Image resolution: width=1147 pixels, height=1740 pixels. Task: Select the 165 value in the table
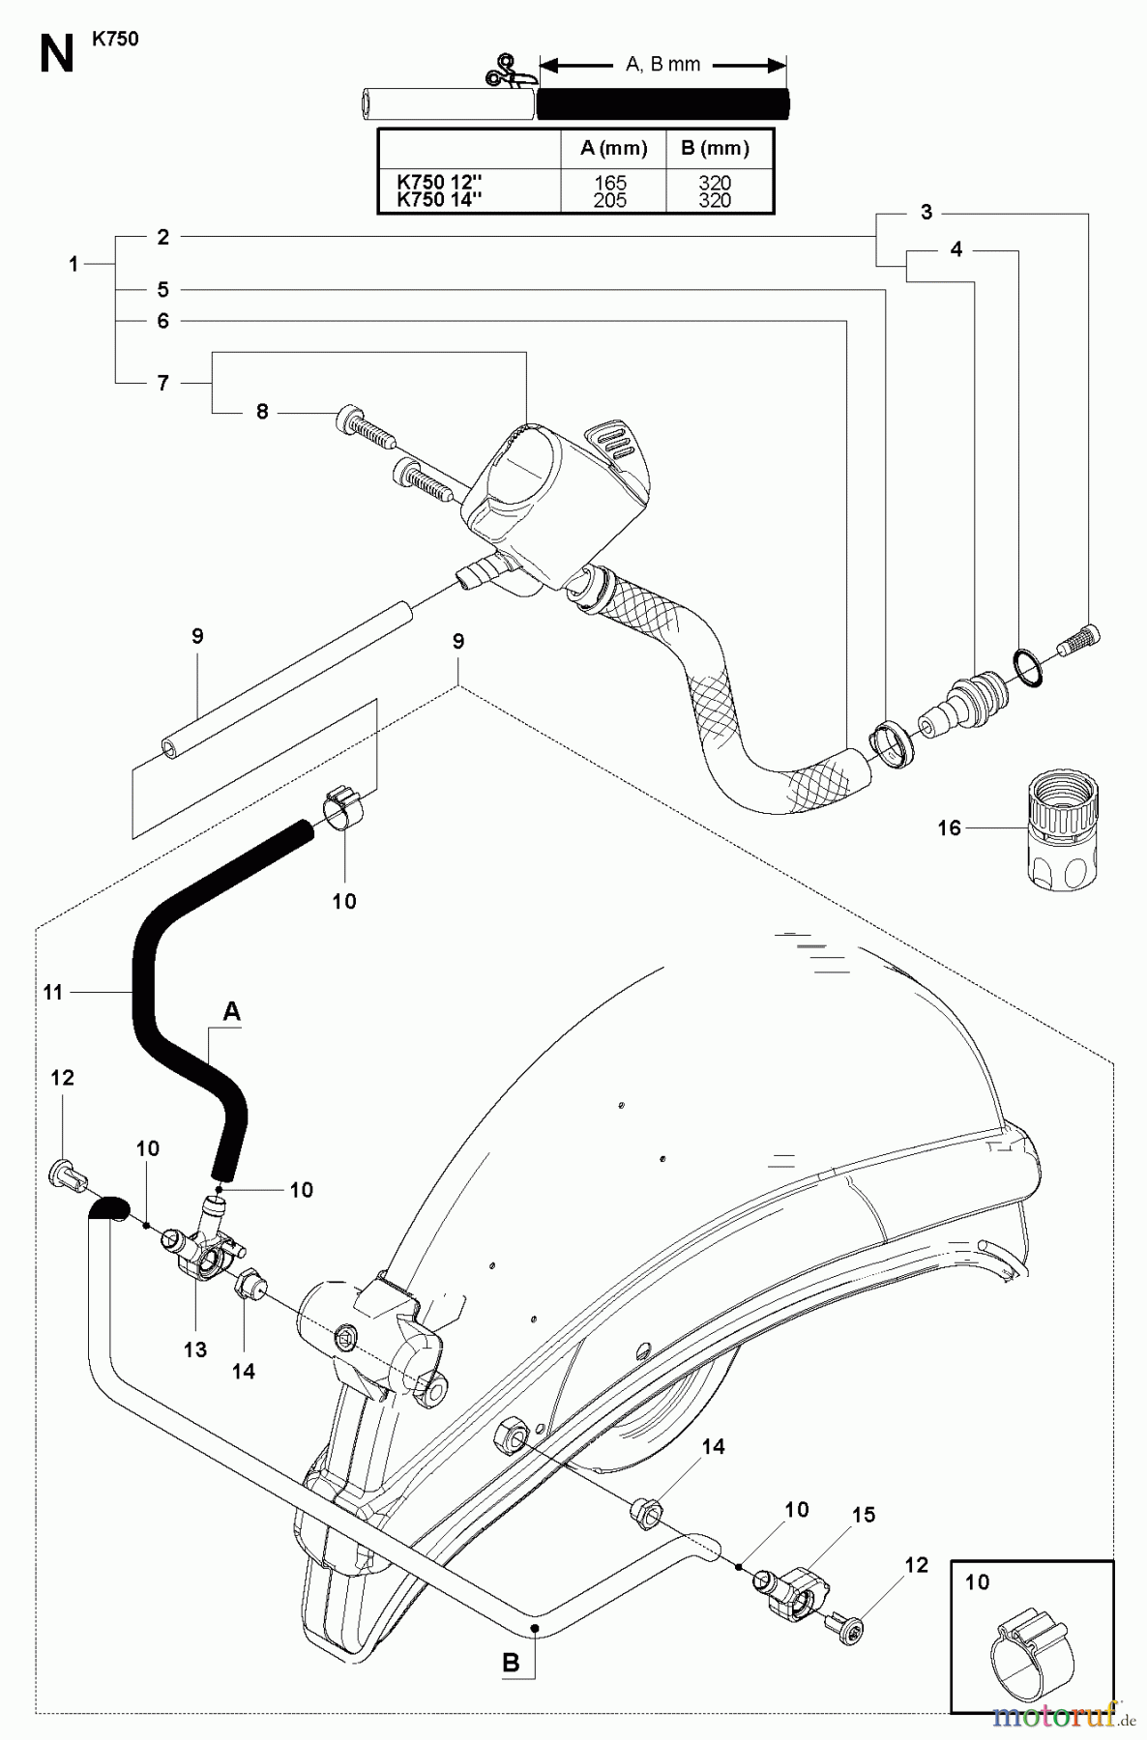(x=610, y=183)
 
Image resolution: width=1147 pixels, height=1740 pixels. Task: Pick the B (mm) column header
(x=715, y=148)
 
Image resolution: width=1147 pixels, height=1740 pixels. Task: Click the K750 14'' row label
(x=441, y=200)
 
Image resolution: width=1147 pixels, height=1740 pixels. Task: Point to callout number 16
(x=949, y=827)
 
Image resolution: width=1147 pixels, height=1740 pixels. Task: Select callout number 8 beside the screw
(x=262, y=412)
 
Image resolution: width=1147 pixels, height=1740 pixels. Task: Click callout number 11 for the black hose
(x=52, y=991)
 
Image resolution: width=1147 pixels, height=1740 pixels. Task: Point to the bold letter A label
(x=231, y=1011)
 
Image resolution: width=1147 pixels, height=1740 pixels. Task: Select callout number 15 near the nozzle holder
(x=863, y=1515)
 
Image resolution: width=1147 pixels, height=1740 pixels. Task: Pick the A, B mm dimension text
(x=662, y=65)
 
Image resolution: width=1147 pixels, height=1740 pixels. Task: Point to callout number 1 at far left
(x=74, y=263)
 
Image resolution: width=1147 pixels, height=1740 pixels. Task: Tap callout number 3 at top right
(x=926, y=213)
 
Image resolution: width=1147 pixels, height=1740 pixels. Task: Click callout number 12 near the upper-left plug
(x=62, y=1078)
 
